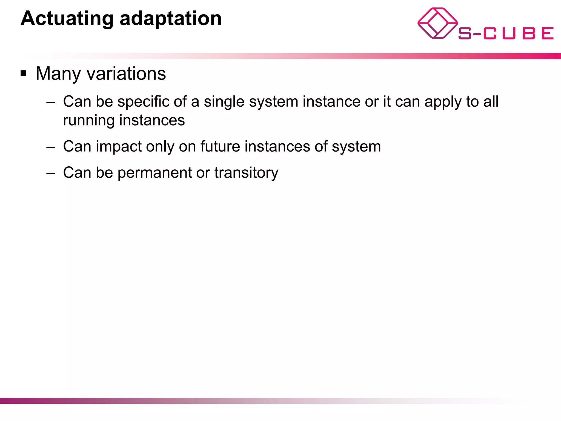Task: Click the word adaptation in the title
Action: pyautogui.click(x=170, y=19)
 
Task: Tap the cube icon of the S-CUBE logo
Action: pyautogui.click(x=437, y=23)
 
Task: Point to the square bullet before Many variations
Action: pyautogui.click(x=24, y=73)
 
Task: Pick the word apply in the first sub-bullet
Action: pyautogui.click(x=443, y=102)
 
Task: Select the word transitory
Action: pyautogui.click(x=246, y=173)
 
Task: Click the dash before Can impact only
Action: pyautogui.click(x=51, y=147)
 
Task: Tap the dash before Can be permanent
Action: pyautogui.click(x=51, y=173)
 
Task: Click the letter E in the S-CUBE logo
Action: pyautogui.click(x=548, y=33)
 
